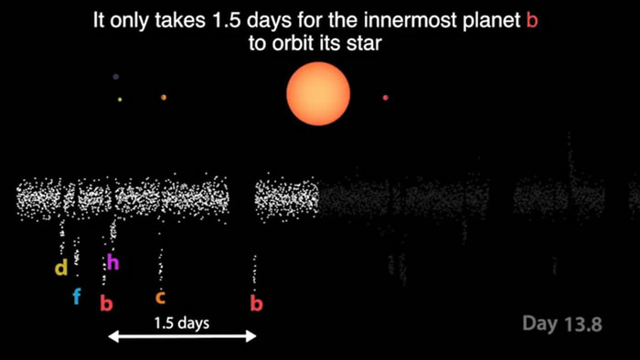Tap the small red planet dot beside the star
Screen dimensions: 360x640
(385, 98)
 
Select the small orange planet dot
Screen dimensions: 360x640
(164, 97)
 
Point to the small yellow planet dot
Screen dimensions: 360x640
(120, 99)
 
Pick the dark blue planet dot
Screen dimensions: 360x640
(114, 77)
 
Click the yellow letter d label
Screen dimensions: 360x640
(61, 269)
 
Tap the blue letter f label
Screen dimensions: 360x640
(77, 296)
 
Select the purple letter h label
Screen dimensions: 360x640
(112, 263)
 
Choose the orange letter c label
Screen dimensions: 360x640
(160, 297)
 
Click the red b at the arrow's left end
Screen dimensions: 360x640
(106, 303)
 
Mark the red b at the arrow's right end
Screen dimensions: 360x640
(256, 303)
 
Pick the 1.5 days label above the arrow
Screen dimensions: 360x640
(182, 323)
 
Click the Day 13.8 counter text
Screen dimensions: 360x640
(562, 323)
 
